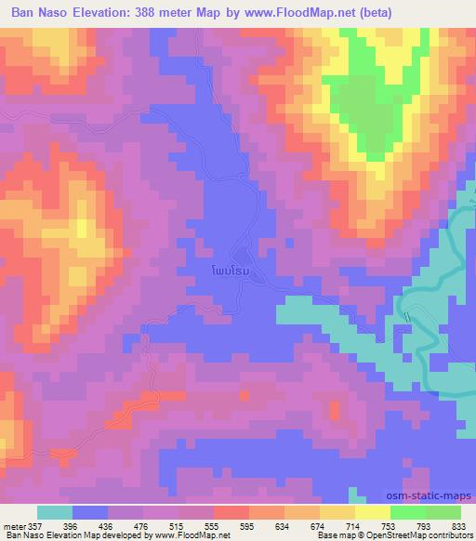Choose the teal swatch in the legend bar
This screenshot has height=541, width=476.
pos(55,513)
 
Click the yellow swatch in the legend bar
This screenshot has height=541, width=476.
pos(373,513)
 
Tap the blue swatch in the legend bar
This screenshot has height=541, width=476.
pos(90,513)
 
